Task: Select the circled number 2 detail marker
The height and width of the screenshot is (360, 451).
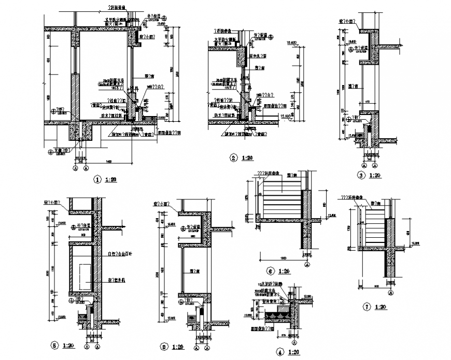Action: click(x=234, y=158)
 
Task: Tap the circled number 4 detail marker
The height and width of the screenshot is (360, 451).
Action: click(x=280, y=353)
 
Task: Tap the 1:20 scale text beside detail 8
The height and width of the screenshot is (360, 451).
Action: click(x=178, y=347)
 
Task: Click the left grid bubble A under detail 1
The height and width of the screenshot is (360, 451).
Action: click(x=73, y=168)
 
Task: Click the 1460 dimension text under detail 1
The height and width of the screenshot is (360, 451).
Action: click(x=109, y=162)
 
